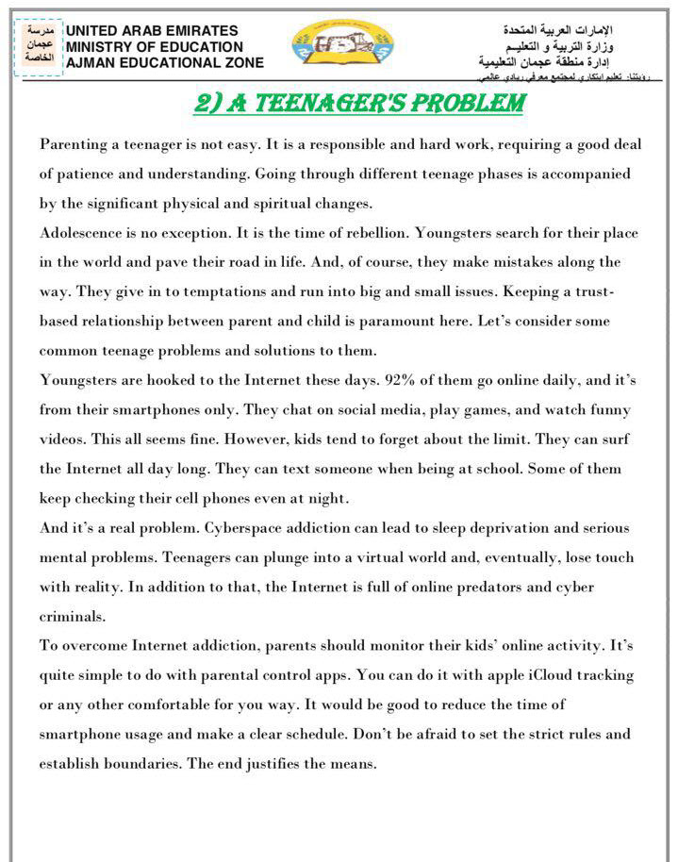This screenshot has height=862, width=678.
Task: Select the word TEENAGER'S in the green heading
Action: click(x=344, y=104)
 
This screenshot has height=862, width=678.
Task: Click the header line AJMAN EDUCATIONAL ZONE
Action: click(x=164, y=62)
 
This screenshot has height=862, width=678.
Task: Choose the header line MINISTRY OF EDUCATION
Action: click(x=155, y=46)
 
